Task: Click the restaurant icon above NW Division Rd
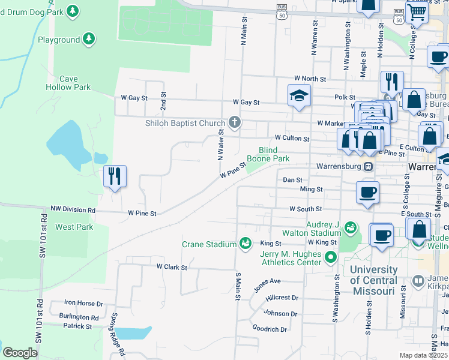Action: tap(114, 176)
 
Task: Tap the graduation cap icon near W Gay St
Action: tap(299, 95)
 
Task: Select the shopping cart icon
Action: tap(416, 11)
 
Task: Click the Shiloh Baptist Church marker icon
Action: tap(234, 123)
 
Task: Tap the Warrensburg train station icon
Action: tap(370, 166)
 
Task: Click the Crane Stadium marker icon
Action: tap(245, 244)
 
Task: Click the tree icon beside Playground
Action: tap(89, 40)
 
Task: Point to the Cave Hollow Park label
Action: tap(74, 83)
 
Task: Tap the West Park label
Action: tap(74, 227)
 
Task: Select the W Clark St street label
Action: tap(172, 266)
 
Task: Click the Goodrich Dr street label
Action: tap(270, 329)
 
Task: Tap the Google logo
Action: tap(20, 353)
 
